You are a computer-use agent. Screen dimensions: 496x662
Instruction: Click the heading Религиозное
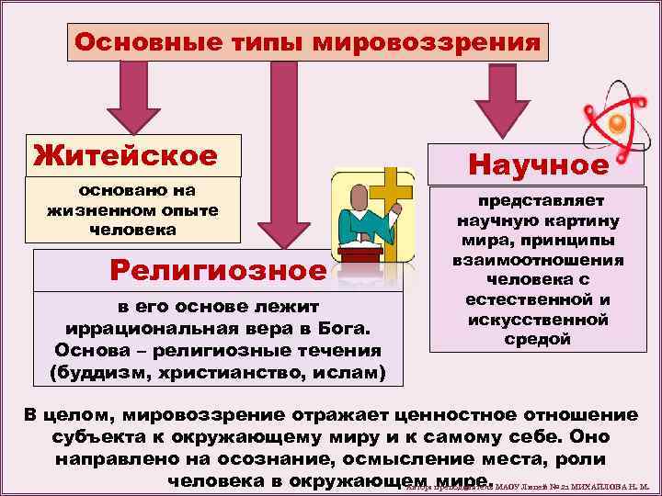coord(217,270)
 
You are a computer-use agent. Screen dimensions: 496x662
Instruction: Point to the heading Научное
coord(539,164)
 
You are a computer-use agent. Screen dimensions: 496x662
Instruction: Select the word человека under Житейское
coord(131,230)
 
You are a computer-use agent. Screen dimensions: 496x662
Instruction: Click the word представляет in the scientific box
coord(538,200)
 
